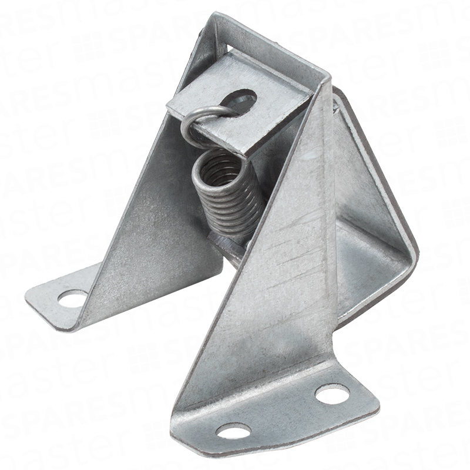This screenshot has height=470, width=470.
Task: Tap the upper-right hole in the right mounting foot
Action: click(x=333, y=394)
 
